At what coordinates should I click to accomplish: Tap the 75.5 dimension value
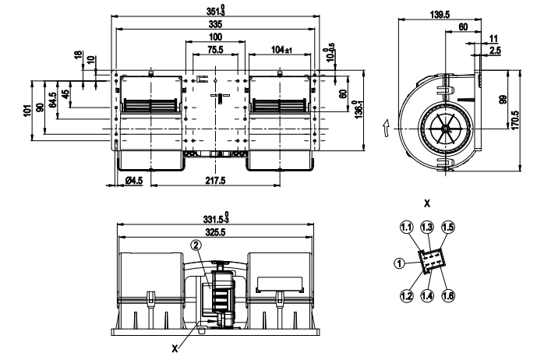[215, 50]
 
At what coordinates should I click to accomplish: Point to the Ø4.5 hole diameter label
[134, 181]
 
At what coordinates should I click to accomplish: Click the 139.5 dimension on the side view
[440, 13]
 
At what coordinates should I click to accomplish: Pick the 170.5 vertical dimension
[514, 121]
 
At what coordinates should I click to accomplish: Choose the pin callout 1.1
[405, 227]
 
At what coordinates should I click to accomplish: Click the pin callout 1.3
[426, 227]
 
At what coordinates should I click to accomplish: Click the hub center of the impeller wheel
[440, 132]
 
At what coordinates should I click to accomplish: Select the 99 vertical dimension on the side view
[502, 101]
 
